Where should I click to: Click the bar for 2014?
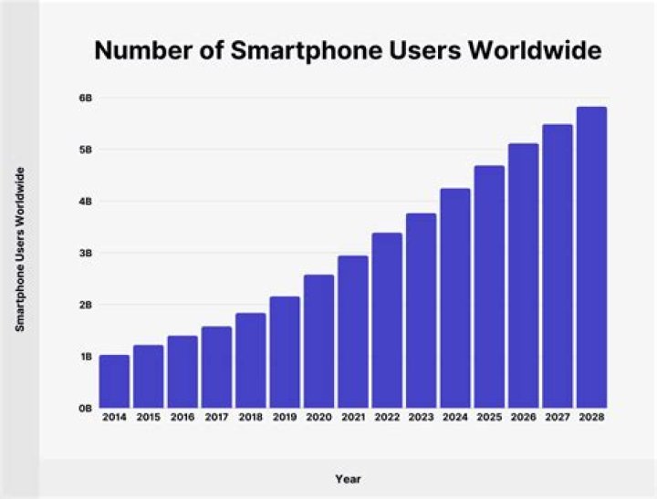[x=114, y=381]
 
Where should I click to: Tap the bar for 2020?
[x=318, y=341]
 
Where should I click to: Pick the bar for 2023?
[x=421, y=310]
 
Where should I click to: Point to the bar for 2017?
[x=216, y=367]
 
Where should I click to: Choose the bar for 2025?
[x=489, y=286]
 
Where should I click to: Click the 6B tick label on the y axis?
[x=84, y=98]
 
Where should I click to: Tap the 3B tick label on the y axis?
[x=84, y=253]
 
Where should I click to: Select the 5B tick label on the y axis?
[x=84, y=150]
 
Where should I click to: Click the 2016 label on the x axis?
[x=182, y=417]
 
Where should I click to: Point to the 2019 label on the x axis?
[x=285, y=417]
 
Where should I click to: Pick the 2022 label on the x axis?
[x=387, y=417]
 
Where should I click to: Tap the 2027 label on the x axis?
[x=558, y=417]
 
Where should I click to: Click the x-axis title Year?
[x=349, y=477]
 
